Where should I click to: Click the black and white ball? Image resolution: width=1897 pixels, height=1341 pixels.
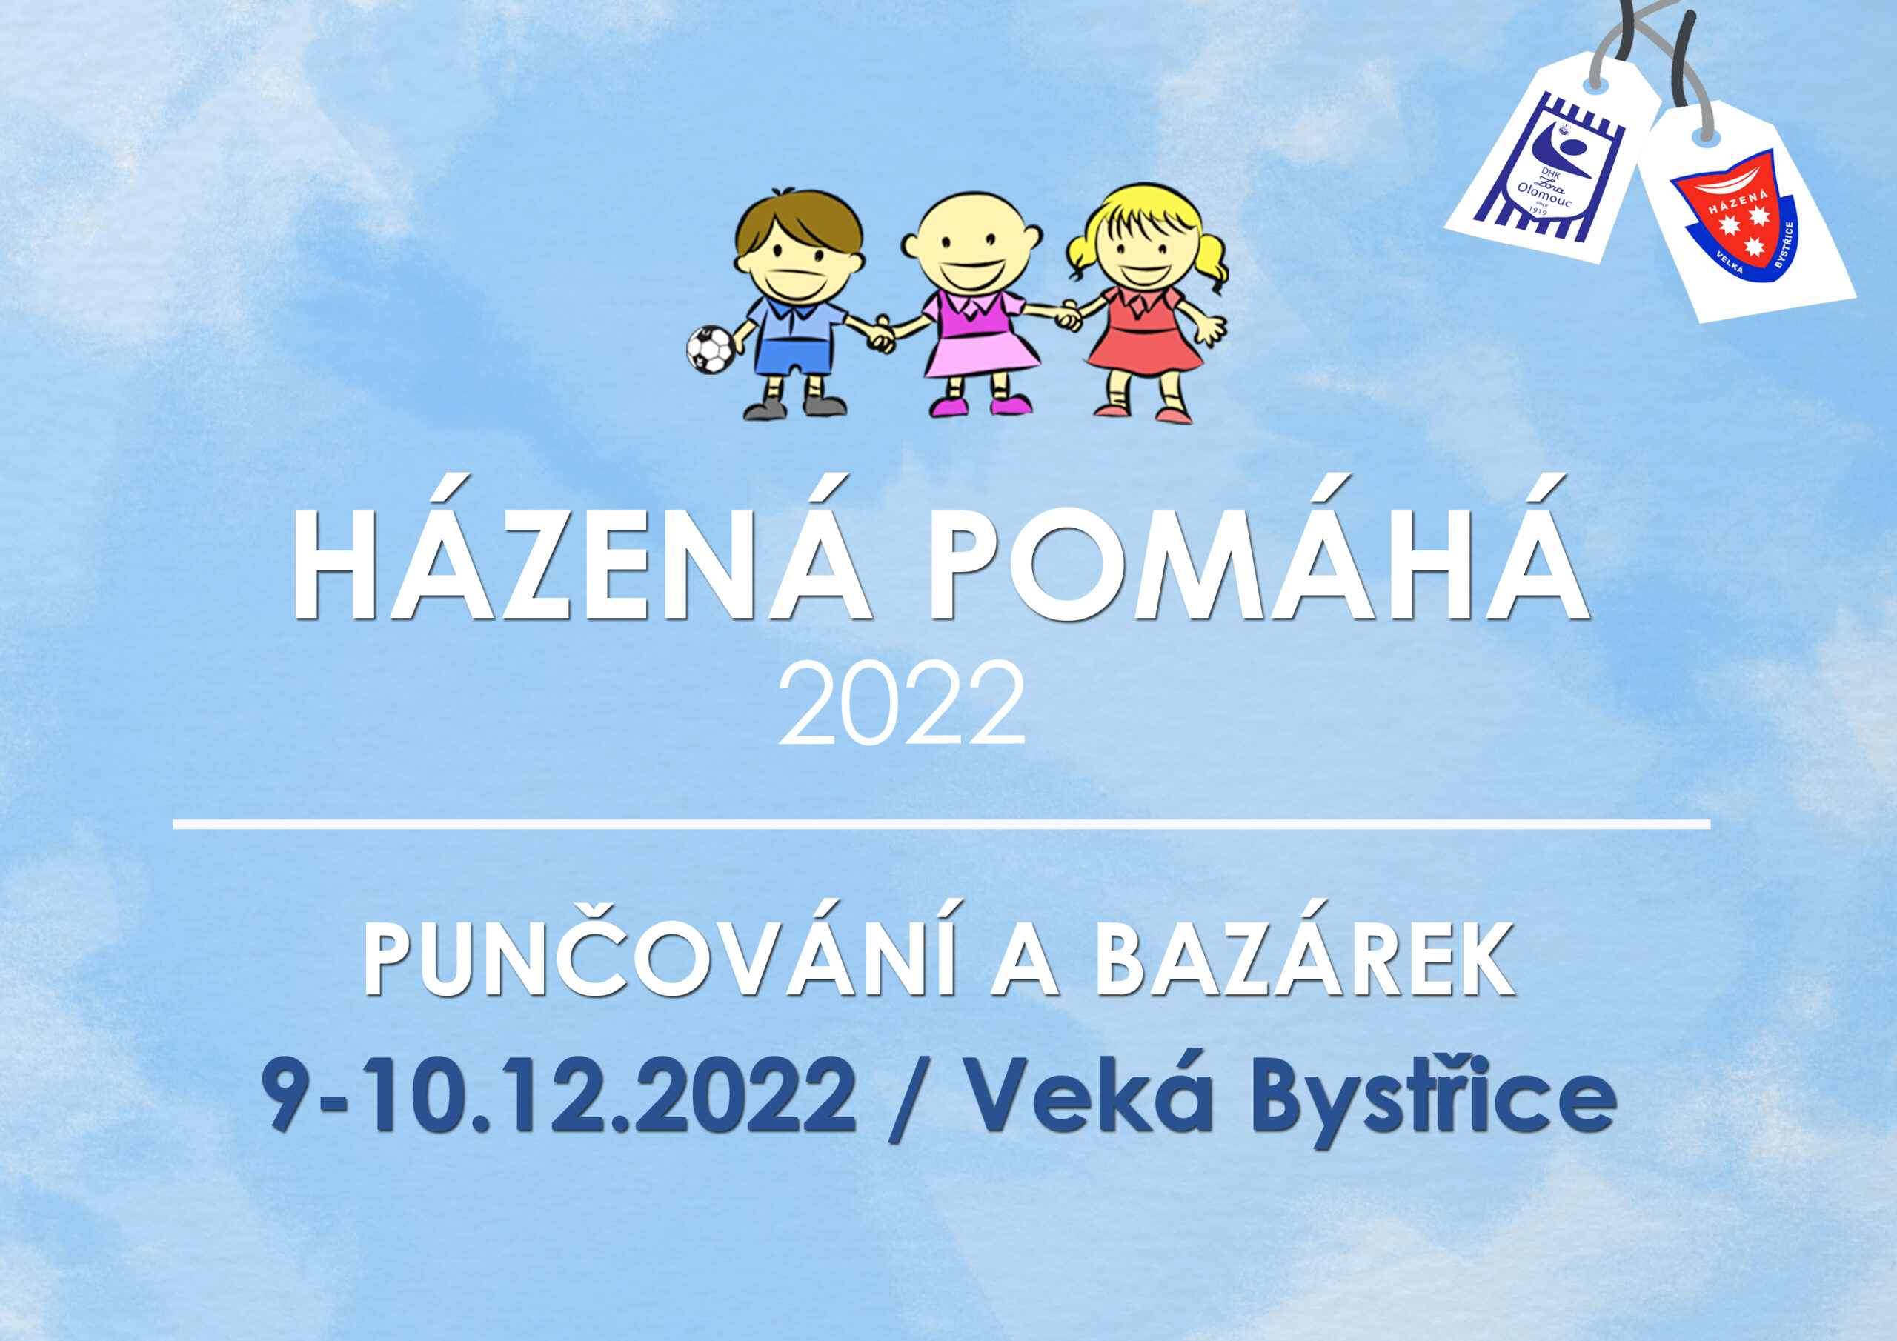coord(710,350)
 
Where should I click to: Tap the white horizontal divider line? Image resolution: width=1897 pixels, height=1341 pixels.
coord(942,825)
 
